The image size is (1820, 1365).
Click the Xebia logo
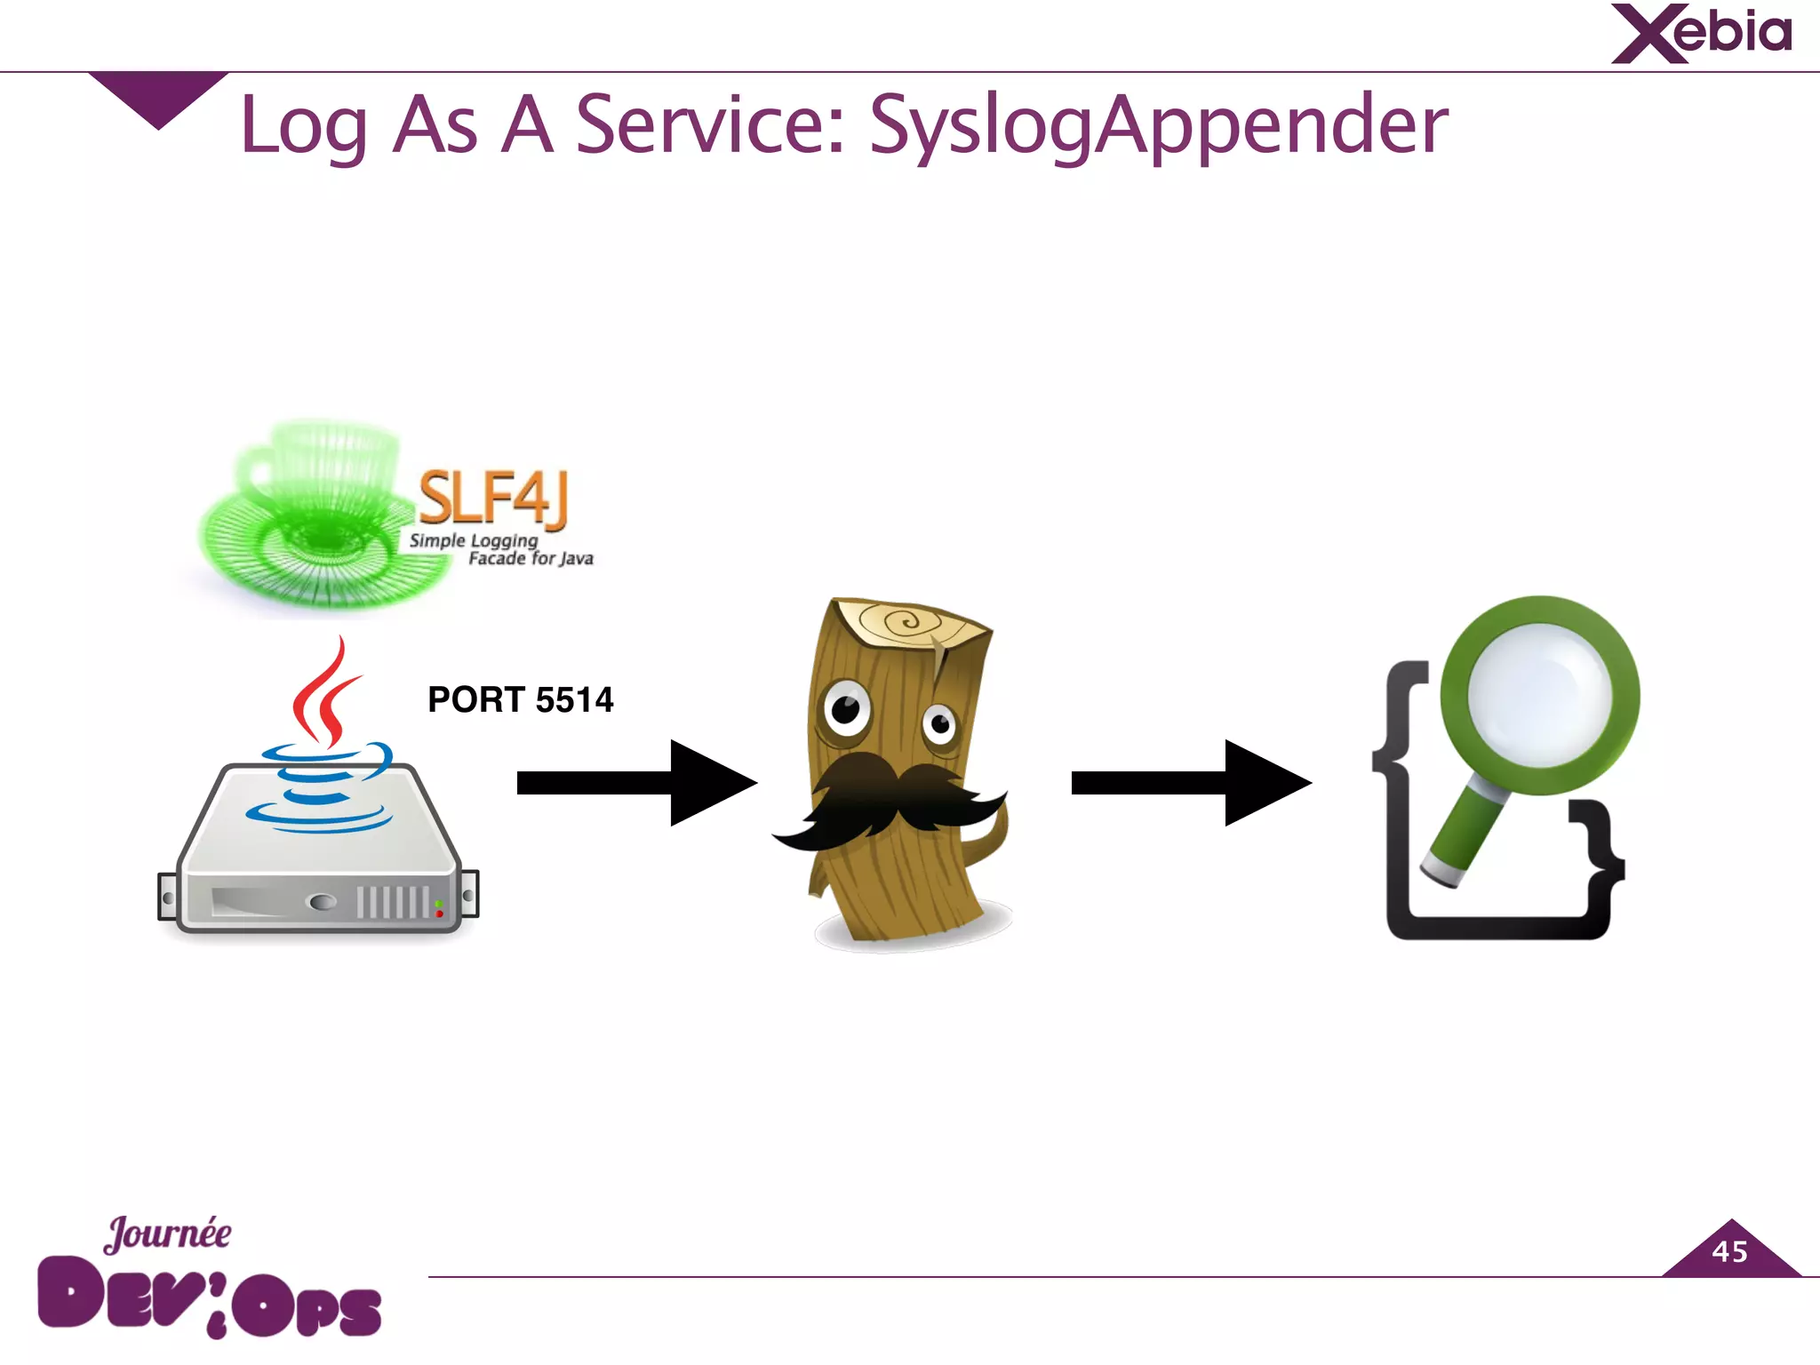pos(1701,34)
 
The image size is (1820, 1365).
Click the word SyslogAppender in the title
pos(1157,125)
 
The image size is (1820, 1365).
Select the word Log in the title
pos(304,127)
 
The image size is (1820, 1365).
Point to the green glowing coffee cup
pos(315,515)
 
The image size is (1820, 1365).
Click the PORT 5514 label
pos(520,699)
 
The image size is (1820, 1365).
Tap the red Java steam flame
pos(324,694)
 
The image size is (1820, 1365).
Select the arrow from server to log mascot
pos(635,783)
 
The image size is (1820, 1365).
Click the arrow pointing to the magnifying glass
pos(1190,783)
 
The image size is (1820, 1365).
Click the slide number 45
pos(1729,1252)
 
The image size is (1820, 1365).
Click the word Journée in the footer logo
pos(168,1233)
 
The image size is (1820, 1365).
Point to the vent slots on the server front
pos(392,902)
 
